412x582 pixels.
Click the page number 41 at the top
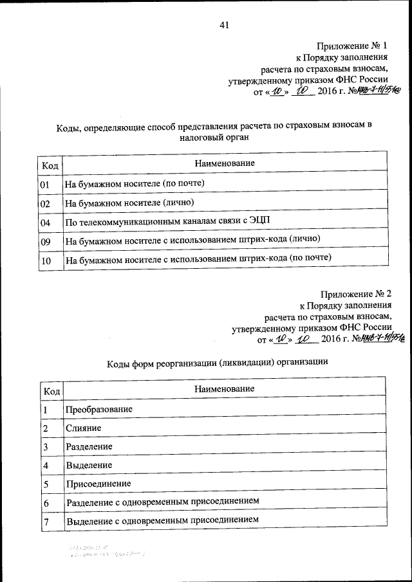(x=224, y=26)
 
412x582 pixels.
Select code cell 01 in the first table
(x=45, y=184)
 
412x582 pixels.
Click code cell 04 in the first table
(x=45, y=222)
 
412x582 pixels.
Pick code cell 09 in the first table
(x=45, y=241)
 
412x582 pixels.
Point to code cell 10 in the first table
(x=45, y=260)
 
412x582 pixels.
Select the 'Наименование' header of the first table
(x=225, y=163)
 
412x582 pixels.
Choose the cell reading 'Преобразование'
(x=99, y=409)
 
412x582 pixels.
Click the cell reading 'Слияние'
(x=83, y=427)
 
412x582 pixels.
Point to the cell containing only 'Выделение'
(x=89, y=464)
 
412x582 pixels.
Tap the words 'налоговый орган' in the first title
(x=214, y=136)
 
